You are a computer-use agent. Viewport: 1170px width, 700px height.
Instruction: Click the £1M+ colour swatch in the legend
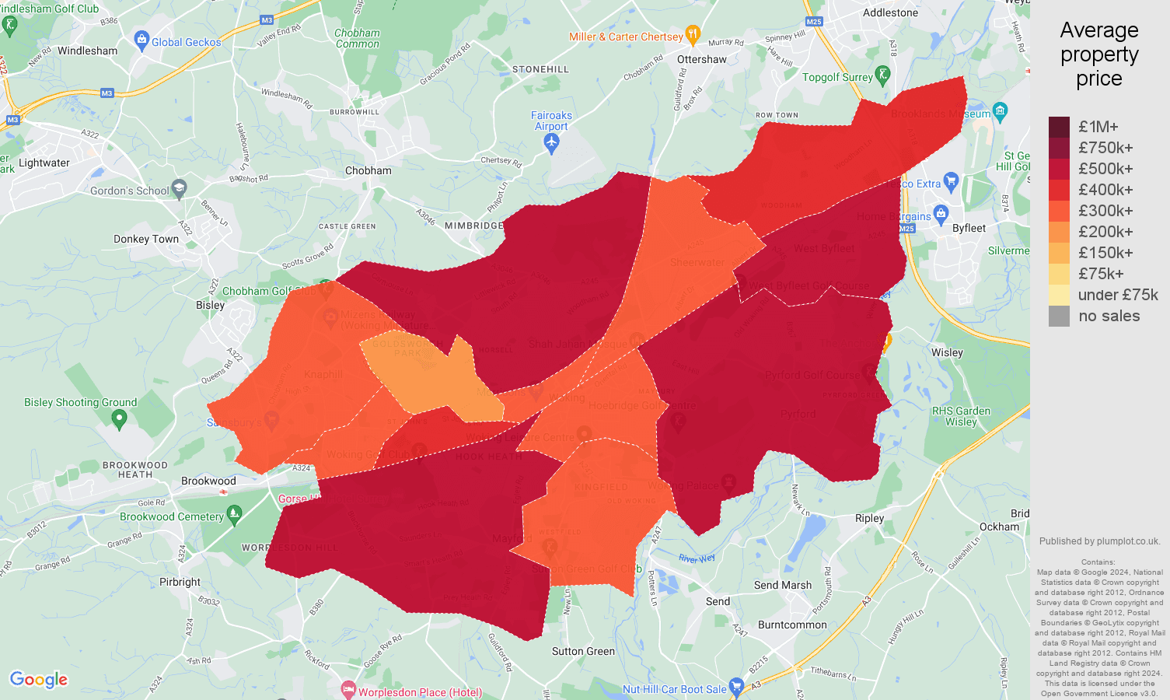pyautogui.click(x=1059, y=127)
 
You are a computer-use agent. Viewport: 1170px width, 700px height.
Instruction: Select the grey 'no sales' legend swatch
pyautogui.click(x=1059, y=316)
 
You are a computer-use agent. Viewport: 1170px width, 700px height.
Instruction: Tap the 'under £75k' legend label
pyautogui.click(x=1118, y=295)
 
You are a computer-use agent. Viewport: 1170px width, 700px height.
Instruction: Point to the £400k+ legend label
pyautogui.click(x=1105, y=190)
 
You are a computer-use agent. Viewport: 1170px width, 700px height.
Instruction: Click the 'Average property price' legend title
pyautogui.click(x=1098, y=54)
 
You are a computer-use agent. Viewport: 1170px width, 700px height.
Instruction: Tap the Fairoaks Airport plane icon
pyautogui.click(x=551, y=143)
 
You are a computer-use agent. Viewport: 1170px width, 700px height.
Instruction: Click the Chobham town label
pyautogui.click(x=368, y=170)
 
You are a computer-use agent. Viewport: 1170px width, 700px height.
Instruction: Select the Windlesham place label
pyautogui.click(x=88, y=51)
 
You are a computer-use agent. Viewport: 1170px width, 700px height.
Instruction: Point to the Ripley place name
pyautogui.click(x=869, y=518)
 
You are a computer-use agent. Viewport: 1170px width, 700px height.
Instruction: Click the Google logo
pyautogui.click(x=39, y=680)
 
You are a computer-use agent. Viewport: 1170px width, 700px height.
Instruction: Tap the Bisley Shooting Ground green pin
pyautogui.click(x=119, y=419)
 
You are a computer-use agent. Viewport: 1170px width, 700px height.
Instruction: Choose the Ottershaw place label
pyautogui.click(x=701, y=59)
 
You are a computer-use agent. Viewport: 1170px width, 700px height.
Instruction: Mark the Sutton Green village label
pyautogui.click(x=583, y=651)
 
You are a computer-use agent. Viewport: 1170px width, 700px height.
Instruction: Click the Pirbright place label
pyautogui.click(x=180, y=582)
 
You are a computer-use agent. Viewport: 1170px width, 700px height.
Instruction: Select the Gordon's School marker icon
pyautogui.click(x=180, y=187)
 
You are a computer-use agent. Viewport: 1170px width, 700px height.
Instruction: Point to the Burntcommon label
pyautogui.click(x=792, y=625)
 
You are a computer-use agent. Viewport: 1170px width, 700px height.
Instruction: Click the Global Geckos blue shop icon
pyautogui.click(x=141, y=39)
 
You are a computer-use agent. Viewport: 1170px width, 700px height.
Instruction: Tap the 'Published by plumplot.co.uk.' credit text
pyautogui.click(x=1099, y=541)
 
